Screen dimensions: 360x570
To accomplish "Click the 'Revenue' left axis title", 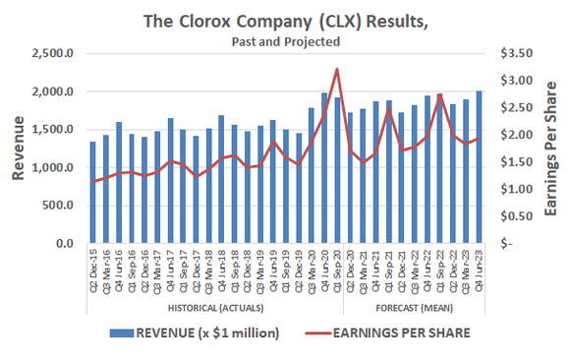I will click(x=18, y=149).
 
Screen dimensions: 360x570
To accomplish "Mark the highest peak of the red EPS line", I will click(x=337, y=69).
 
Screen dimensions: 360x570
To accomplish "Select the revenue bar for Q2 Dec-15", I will click(x=93, y=193).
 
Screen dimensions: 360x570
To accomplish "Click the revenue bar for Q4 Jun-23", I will click(x=479, y=167).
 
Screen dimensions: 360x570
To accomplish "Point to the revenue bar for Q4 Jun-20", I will click(x=324, y=168).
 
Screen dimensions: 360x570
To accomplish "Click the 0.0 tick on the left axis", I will click(x=64, y=243).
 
